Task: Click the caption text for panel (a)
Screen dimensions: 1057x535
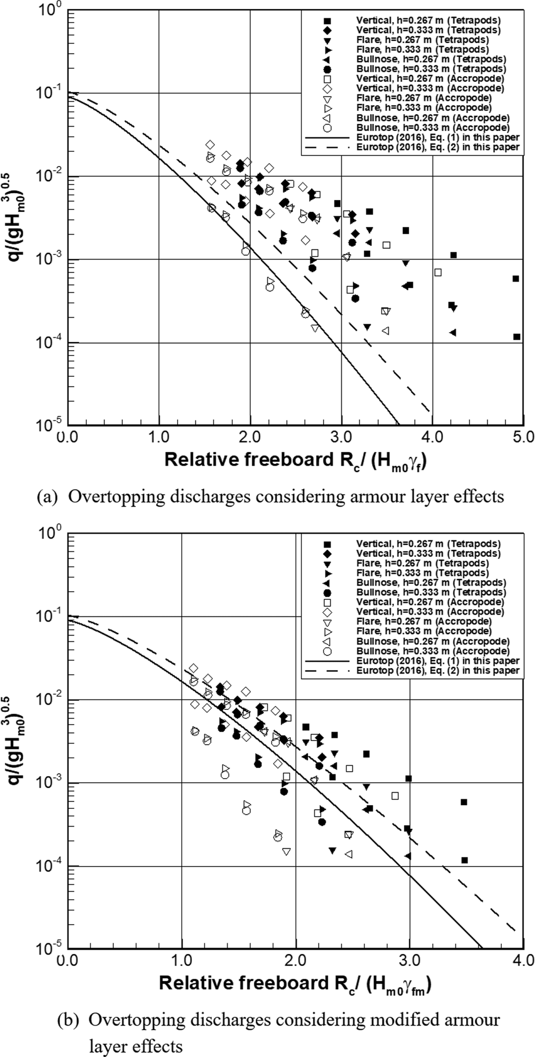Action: [x=271, y=497]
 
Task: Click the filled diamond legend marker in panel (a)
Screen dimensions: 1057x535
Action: [x=327, y=30]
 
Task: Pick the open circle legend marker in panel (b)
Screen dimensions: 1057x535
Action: [x=327, y=651]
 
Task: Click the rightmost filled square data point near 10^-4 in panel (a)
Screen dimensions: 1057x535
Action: [x=517, y=337]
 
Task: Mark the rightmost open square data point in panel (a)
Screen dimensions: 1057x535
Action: [x=438, y=273]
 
